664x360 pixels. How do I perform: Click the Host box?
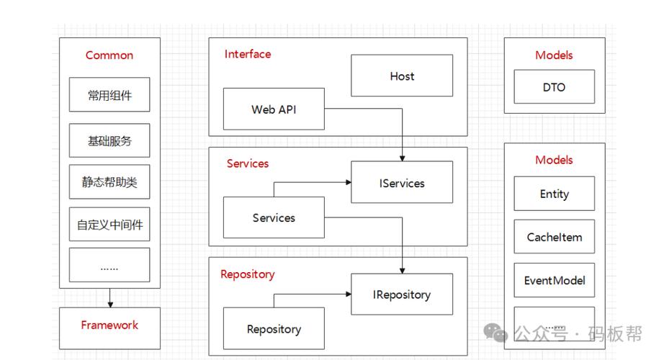[402, 76]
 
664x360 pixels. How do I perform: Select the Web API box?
[274, 109]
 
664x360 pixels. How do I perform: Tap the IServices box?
[402, 182]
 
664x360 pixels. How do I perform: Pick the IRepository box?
[402, 294]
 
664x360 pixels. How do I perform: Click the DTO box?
[555, 87]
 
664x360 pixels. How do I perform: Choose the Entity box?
[555, 194]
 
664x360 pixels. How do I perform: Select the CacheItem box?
[555, 237]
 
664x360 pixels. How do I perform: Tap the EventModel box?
[555, 280]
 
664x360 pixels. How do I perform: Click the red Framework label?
[109, 325]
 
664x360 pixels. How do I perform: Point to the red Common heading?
[109, 55]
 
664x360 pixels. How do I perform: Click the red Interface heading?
[248, 54]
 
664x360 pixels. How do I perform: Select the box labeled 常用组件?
[109, 94]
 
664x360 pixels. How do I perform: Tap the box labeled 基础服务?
[109, 140]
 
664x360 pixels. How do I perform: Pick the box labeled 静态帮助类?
[109, 181]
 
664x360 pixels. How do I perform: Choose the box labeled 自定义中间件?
[109, 224]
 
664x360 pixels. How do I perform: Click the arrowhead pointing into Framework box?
[110, 305]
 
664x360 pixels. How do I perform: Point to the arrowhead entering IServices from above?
[403, 158]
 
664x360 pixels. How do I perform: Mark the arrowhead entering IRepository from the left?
[349, 294]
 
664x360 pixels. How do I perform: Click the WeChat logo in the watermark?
[495, 333]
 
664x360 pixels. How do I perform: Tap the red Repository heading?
[248, 274]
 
